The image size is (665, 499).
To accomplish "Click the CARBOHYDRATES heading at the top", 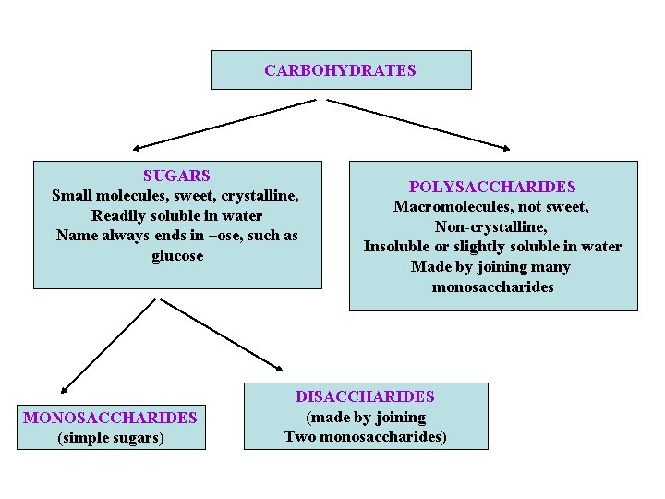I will [340, 70].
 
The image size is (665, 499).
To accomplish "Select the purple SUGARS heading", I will [176, 175].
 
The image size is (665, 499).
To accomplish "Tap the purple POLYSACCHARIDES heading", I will [492, 187].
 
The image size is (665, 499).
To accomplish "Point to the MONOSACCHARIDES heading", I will [110, 418].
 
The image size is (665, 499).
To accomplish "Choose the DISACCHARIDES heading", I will [365, 396].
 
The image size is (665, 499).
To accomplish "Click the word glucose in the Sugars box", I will [177, 256].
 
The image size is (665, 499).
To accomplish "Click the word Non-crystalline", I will [491, 226].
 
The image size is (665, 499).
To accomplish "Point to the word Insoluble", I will [399, 247].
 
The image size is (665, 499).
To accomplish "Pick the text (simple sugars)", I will [111, 437].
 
